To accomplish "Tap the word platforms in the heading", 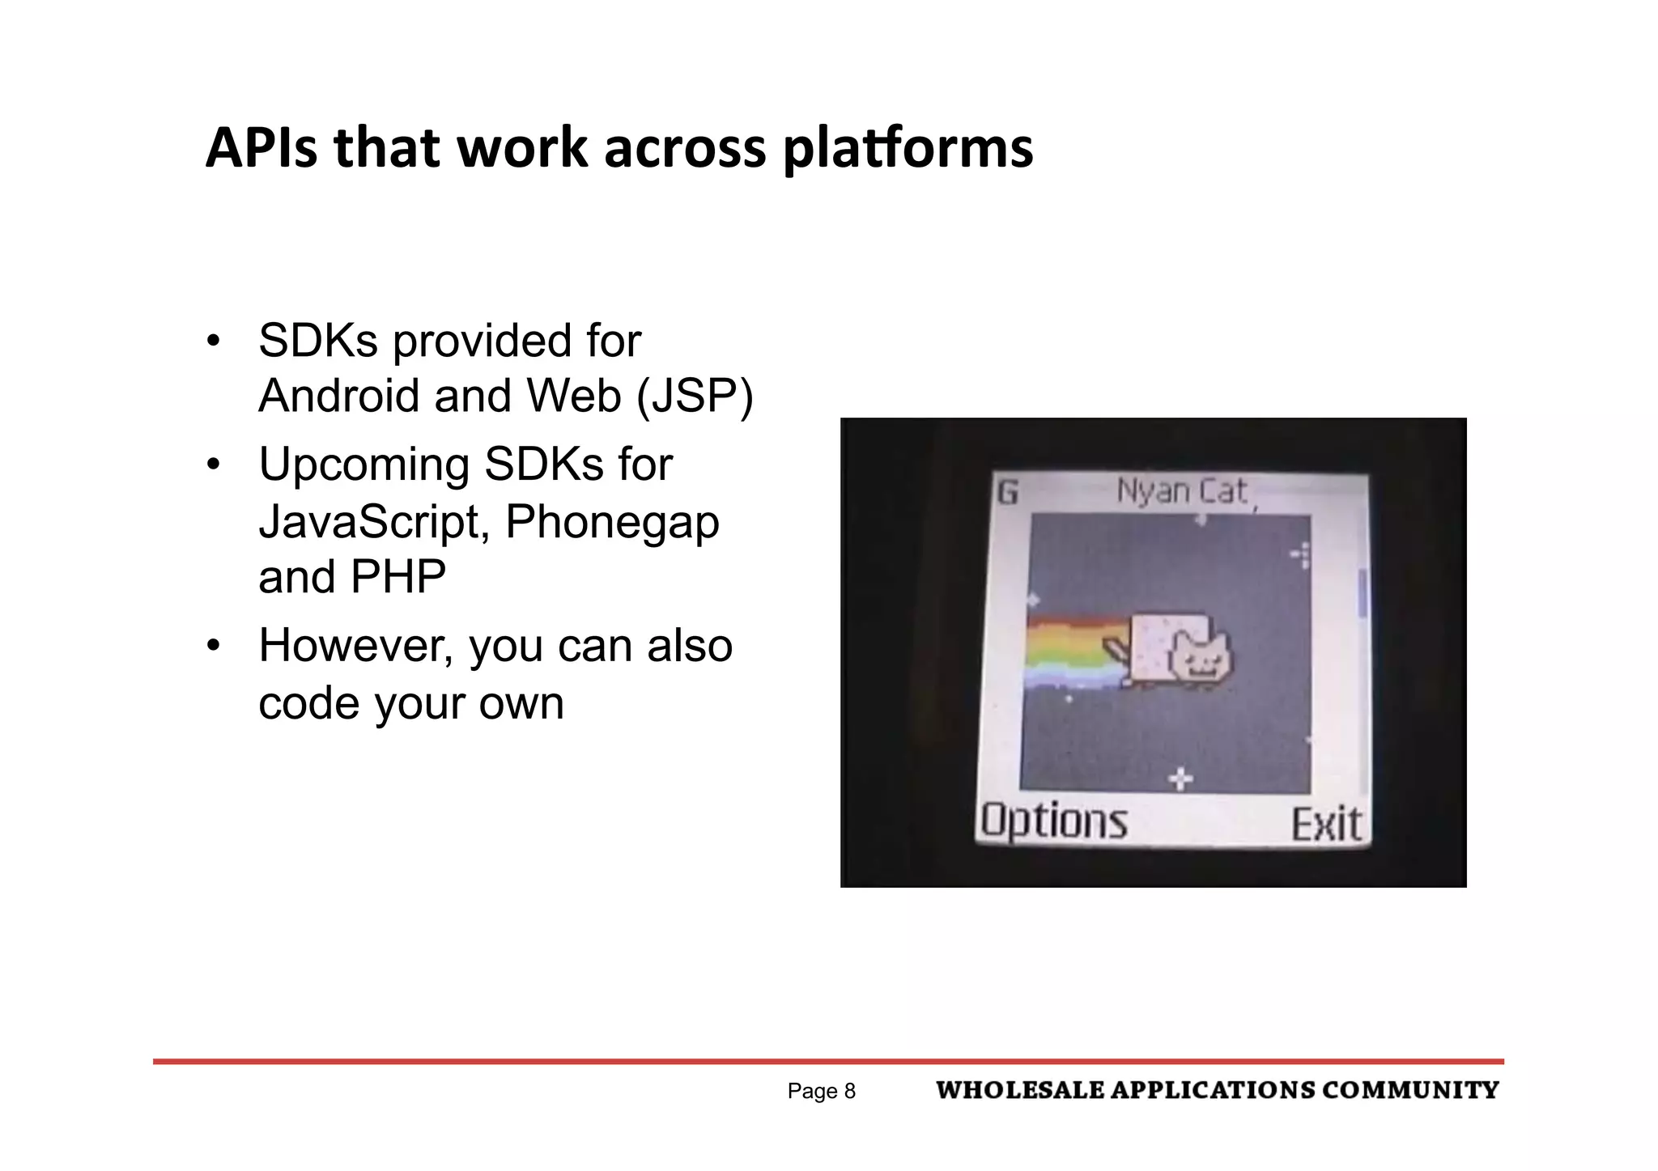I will click(908, 151).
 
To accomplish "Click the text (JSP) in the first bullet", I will click(695, 397).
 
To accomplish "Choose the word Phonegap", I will click(612, 523).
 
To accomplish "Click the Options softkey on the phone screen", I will click(1053, 821).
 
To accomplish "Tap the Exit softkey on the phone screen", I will click(1326, 825).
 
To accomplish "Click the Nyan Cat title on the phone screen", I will click(1181, 491).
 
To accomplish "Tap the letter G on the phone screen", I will click(1007, 492).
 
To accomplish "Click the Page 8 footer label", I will click(821, 1092).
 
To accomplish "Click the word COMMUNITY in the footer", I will click(1410, 1091).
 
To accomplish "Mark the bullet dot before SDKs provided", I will click(213, 341).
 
